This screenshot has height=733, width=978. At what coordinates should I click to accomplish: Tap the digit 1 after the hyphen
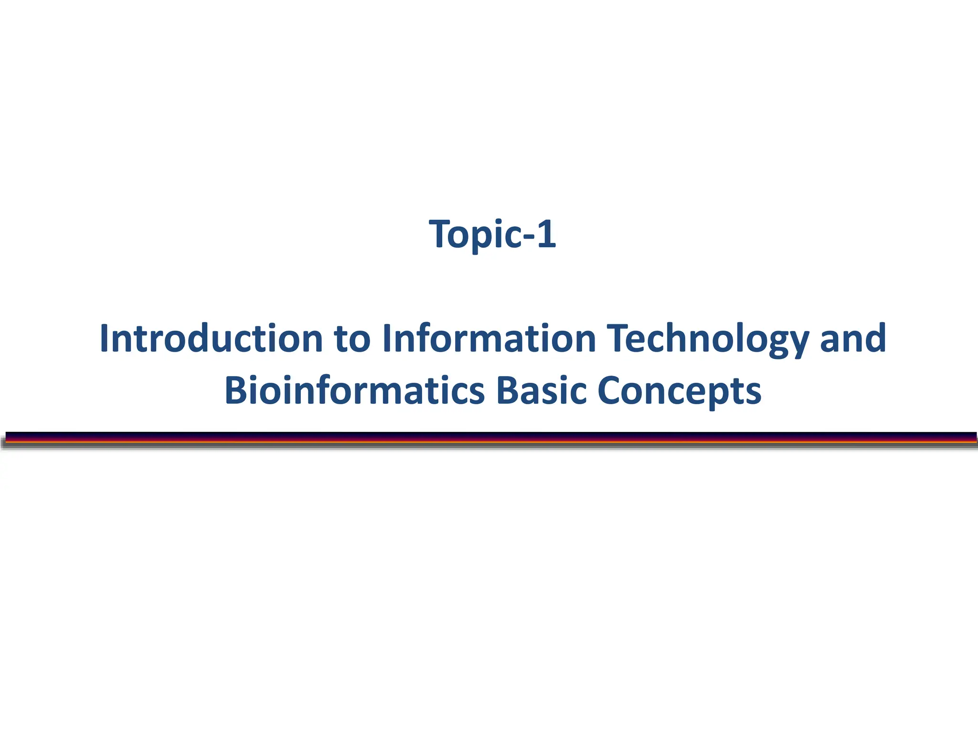pyautogui.click(x=546, y=234)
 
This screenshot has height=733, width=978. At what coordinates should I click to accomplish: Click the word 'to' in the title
pyautogui.click(x=352, y=339)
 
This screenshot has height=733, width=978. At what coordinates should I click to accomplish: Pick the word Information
pyautogui.click(x=489, y=338)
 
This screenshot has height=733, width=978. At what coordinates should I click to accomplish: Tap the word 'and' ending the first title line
pyautogui.click(x=853, y=338)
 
